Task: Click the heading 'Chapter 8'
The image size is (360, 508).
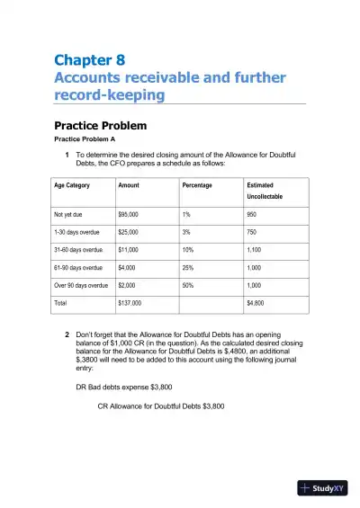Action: [89, 60]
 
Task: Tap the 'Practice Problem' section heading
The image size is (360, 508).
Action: [100, 126]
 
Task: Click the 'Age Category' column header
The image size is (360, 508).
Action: [72, 185]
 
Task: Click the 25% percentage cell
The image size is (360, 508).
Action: [188, 268]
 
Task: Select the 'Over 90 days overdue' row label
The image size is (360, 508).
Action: [81, 285]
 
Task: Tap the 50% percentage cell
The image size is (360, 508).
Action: [188, 285]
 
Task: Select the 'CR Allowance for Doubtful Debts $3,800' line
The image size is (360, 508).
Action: [161, 406]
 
